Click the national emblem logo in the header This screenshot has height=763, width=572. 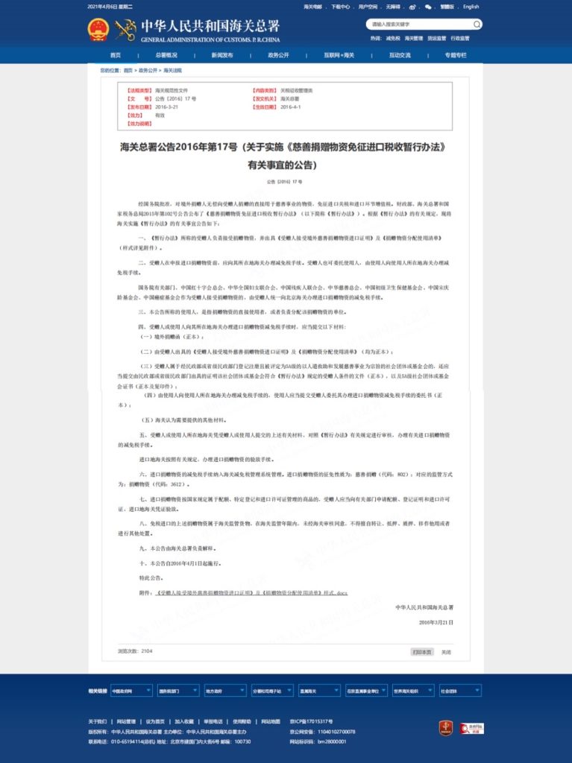pos(98,30)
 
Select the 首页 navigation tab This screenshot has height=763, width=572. pos(115,55)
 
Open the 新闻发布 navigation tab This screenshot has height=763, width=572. pos(221,55)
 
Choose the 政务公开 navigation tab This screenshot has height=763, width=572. pos(278,55)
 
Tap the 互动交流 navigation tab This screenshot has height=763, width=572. pos(399,55)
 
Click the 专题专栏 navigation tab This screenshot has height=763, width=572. pos(455,55)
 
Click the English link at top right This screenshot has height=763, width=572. pos(471,7)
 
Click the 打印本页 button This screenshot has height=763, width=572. pos(422,651)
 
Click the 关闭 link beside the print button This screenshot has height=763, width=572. pos(445,651)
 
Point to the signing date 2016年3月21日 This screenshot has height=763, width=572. pos(436,621)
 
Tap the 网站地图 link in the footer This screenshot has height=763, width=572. pos(271,721)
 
